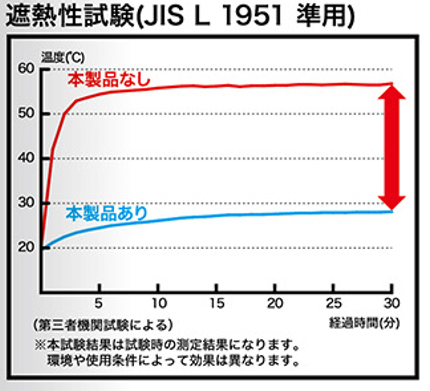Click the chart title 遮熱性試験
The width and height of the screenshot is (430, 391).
70,16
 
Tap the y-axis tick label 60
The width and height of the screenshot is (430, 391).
26,69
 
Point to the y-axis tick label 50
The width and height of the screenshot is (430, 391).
26,114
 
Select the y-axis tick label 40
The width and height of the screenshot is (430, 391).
26,158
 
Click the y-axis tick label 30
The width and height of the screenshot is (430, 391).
26,202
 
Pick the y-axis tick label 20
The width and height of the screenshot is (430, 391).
26,247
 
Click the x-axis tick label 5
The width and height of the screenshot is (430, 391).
99,304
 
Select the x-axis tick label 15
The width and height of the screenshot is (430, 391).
216,304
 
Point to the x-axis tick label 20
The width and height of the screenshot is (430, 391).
275,304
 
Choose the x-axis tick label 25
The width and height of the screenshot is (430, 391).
333,304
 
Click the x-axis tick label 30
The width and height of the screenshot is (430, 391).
391,304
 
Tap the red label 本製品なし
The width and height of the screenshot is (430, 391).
109,79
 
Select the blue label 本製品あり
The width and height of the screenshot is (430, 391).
107,214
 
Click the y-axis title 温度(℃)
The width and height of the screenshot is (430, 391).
63,57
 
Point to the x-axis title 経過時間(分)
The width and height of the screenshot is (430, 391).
364,323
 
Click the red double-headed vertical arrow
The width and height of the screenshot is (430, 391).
393,147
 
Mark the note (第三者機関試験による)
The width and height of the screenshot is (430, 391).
103,325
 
